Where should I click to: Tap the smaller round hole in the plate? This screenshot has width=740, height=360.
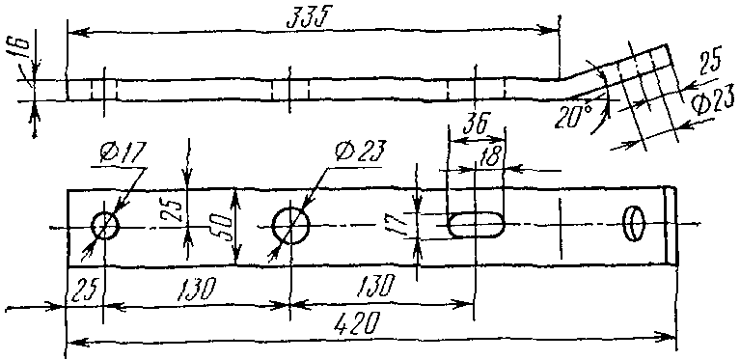point(105,226)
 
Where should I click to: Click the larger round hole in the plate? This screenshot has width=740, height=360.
point(290,225)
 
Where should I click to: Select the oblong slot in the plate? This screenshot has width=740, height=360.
point(476,225)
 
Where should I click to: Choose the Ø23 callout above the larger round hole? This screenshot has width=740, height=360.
point(360,151)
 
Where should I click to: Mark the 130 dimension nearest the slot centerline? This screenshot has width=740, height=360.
point(375,286)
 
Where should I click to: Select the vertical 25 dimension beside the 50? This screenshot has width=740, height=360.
point(170,209)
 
